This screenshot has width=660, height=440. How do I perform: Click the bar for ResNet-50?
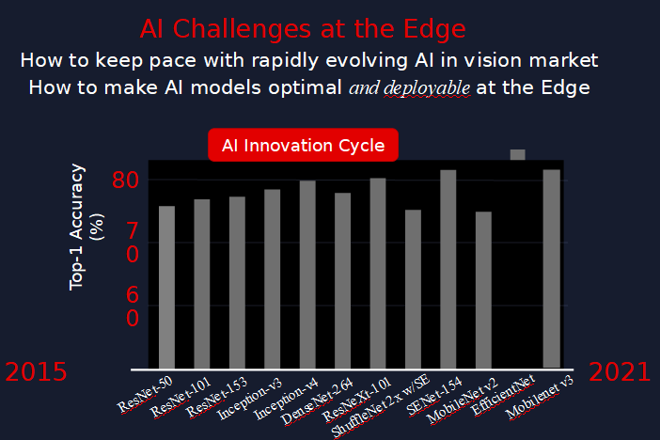[166, 287]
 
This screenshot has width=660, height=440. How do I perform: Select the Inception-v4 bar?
[307, 275]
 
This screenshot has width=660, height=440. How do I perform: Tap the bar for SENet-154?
[448, 269]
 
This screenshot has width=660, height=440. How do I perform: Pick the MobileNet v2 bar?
[483, 291]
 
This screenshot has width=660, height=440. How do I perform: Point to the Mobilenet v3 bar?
[551, 269]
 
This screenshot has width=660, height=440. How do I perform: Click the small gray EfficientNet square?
[518, 154]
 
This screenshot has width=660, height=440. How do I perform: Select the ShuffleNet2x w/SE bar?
[413, 289]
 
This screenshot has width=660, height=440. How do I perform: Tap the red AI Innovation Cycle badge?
[303, 146]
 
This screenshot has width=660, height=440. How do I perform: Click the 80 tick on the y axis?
[125, 181]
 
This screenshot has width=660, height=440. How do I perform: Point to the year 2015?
[37, 372]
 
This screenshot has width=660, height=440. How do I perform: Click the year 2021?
[620, 372]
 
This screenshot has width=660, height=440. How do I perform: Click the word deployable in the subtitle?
[427, 88]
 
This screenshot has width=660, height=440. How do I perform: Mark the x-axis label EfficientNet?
[503, 395]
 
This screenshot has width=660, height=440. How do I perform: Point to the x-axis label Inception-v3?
[249, 399]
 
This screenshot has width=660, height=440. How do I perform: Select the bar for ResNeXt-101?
[378, 274]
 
